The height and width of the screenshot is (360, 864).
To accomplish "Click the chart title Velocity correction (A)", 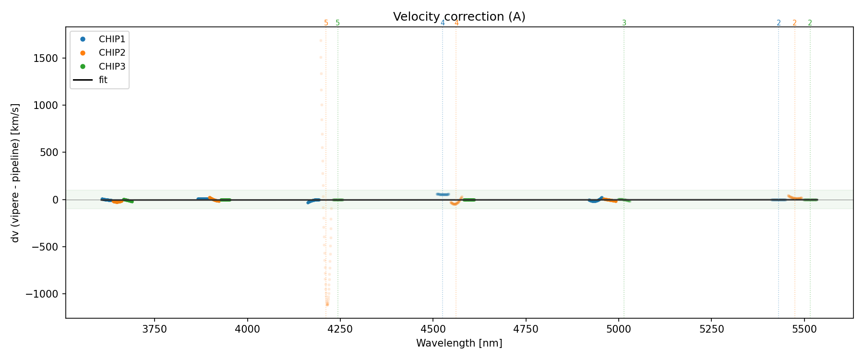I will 459,17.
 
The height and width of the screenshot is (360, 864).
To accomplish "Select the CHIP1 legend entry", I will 112,39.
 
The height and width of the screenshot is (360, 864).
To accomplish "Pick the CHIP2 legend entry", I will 112,53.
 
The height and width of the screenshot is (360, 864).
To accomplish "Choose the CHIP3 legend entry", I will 112,67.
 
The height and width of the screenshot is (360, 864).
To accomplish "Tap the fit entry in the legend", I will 103,80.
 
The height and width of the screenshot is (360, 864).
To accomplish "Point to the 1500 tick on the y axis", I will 47,59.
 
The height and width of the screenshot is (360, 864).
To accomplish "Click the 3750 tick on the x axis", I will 155,329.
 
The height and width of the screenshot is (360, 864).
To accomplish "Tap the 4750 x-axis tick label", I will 526,329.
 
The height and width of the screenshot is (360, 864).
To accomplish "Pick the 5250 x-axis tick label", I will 712,329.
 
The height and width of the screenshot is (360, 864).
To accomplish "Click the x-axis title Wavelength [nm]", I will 459,343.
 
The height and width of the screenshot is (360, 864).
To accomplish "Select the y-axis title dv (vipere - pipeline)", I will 15,173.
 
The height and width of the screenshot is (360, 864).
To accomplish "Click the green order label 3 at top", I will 624,23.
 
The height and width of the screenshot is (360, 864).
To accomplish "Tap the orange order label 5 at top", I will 326,23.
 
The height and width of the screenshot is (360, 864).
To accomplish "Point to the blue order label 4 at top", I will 443,23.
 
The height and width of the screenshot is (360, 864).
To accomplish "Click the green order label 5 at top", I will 337,23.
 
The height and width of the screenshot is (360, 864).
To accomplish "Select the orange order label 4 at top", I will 456,23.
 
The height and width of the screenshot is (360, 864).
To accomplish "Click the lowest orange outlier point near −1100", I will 327,304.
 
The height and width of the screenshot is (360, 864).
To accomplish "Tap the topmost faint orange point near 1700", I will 321,41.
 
